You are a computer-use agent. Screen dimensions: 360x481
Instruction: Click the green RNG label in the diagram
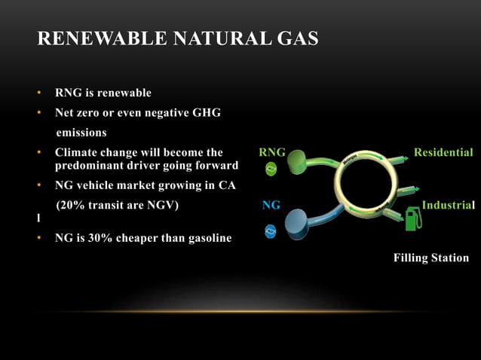(271, 153)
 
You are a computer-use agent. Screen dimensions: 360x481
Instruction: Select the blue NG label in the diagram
(271, 205)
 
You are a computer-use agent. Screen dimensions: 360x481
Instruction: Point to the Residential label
(443, 153)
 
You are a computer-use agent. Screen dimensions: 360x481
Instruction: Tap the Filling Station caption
(430, 258)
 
